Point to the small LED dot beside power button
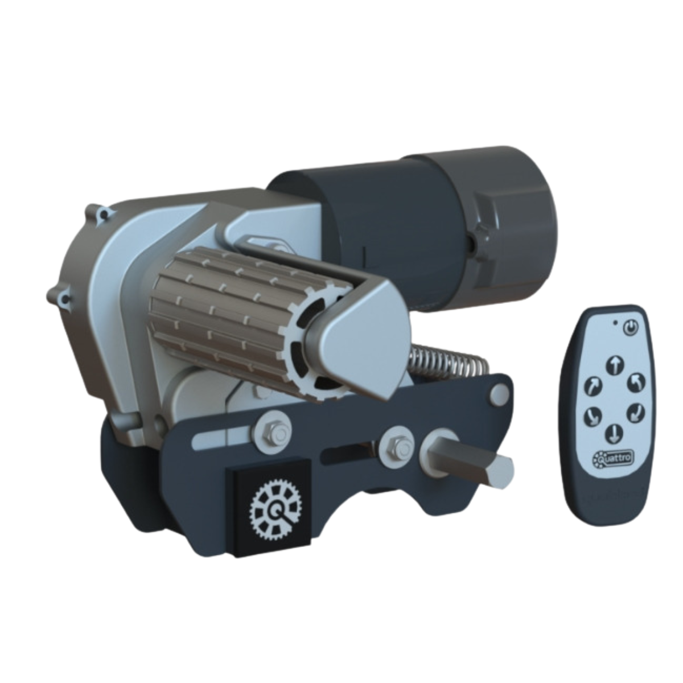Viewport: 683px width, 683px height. click(615, 322)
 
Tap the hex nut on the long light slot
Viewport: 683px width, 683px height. click(274, 431)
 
